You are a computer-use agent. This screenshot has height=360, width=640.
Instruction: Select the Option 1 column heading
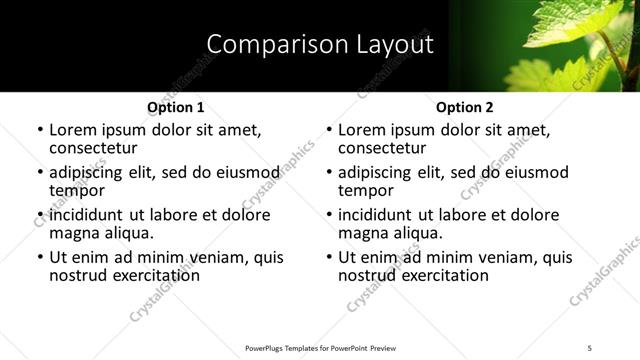(x=175, y=107)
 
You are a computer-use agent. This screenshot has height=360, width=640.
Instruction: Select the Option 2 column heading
(x=465, y=107)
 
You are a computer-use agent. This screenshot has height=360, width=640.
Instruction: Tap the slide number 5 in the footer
(x=589, y=347)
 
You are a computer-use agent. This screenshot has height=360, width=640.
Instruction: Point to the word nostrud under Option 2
(x=369, y=275)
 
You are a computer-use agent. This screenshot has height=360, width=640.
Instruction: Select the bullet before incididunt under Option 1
(x=40, y=215)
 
